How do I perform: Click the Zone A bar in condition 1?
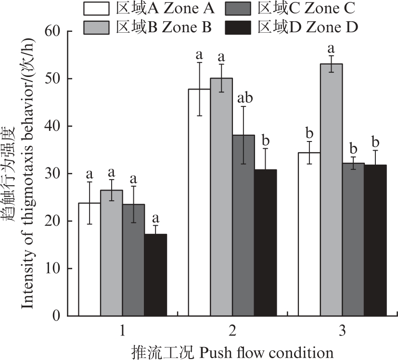pos(89,259)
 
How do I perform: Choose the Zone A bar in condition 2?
pos(199,202)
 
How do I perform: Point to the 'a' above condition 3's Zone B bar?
pos(331,49)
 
